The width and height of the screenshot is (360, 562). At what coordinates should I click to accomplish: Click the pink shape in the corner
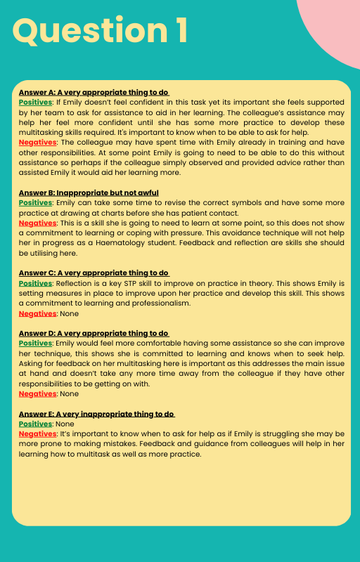pyautogui.click(x=333, y=28)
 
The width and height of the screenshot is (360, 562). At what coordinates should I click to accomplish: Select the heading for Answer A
pyautogui.click(x=94, y=92)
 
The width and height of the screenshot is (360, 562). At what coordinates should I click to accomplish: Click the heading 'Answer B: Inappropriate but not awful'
pyautogui.click(x=89, y=192)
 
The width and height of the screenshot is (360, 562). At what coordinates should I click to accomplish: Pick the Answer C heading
pyautogui.click(x=94, y=273)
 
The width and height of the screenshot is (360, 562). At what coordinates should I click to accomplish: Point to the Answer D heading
pyautogui.click(x=94, y=333)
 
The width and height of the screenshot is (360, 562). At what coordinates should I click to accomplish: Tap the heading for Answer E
pyautogui.click(x=97, y=414)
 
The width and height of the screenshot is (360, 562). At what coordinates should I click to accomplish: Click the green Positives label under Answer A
pyautogui.click(x=35, y=102)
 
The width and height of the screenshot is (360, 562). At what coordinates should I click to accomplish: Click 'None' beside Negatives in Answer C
pyautogui.click(x=70, y=313)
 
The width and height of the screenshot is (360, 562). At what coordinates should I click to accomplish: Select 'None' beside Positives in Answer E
pyautogui.click(x=65, y=424)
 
